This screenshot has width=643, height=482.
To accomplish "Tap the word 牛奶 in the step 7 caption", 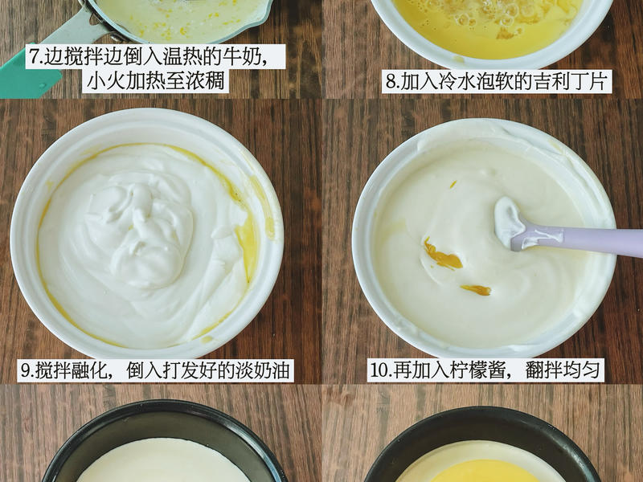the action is pyautogui.click(x=242, y=57).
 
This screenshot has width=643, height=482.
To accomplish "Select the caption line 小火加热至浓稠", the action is pyautogui.click(x=155, y=81).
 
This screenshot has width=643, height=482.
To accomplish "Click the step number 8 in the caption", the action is pyautogui.click(x=391, y=82).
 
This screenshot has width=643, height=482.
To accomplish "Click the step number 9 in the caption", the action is pyautogui.click(x=27, y=370).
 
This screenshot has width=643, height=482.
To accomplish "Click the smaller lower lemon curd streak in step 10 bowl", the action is pyautogui.click(x=476, y=290).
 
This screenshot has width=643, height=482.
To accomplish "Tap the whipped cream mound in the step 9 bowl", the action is pyautogui.click(x=139, y=230).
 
